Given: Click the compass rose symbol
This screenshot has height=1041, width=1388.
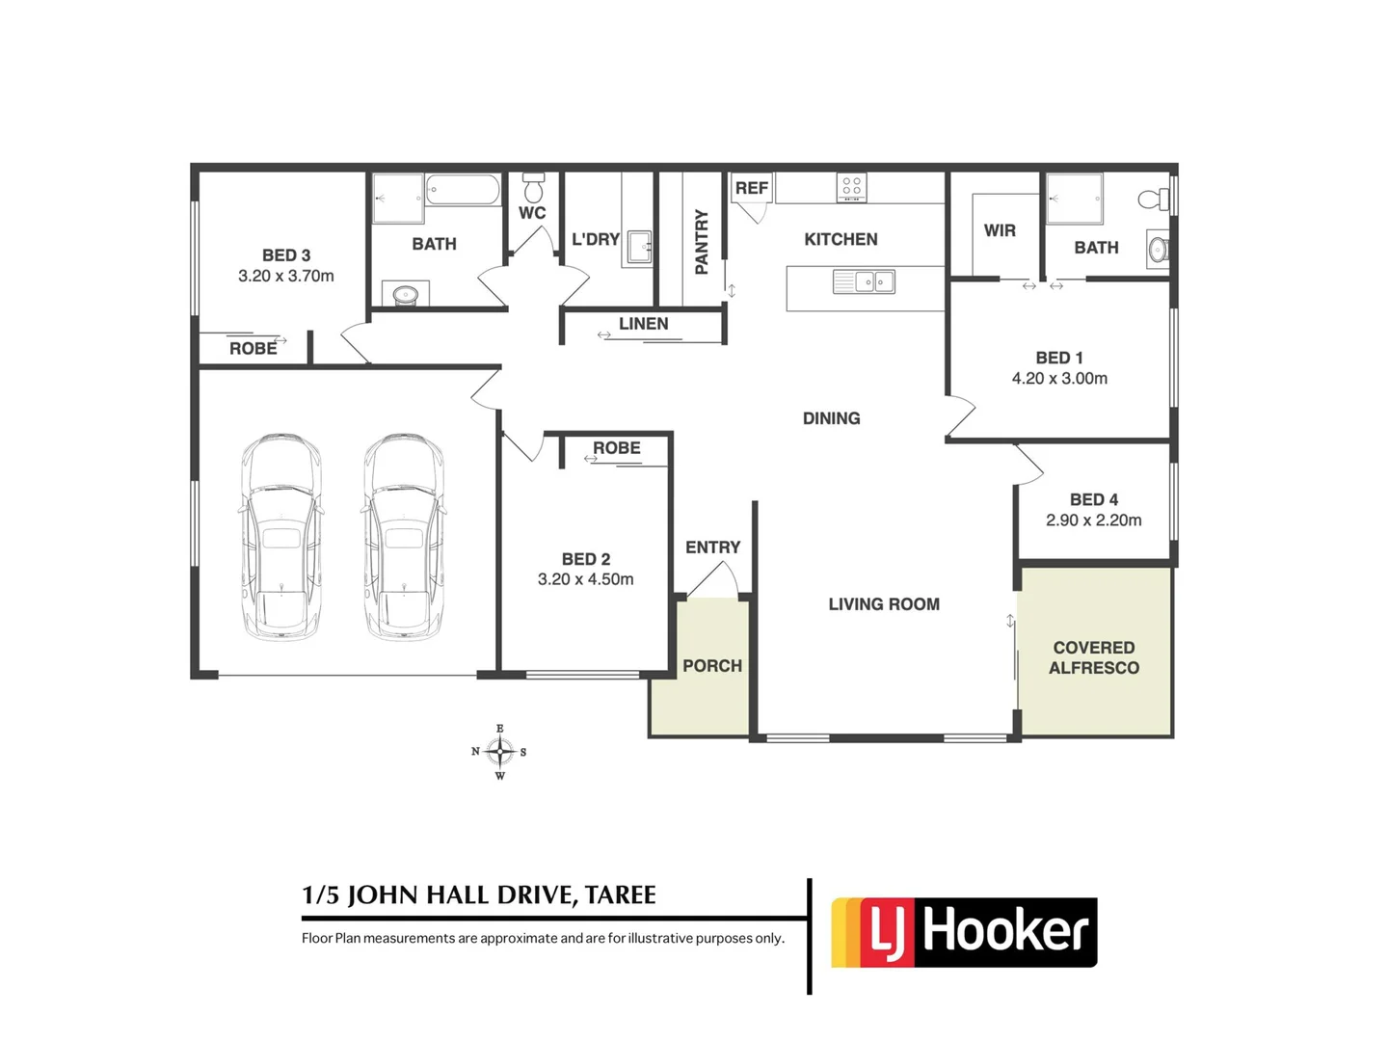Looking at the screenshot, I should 499,752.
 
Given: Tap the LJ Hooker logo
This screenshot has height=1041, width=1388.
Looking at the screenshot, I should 964,932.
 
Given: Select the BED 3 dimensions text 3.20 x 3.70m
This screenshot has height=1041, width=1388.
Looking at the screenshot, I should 286,276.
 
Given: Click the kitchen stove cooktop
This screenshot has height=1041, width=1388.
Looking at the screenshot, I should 851,187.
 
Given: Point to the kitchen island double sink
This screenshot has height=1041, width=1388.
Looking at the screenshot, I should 864,281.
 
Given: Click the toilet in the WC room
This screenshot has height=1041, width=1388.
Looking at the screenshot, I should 533,188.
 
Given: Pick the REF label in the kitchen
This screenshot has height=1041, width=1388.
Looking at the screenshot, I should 752,188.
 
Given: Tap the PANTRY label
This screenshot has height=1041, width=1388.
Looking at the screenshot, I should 702,242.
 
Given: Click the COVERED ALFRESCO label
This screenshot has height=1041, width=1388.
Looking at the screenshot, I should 1094,657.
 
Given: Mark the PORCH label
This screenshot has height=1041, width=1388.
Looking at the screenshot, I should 712,666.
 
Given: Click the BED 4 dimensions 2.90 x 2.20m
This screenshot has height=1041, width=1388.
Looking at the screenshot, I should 1094,520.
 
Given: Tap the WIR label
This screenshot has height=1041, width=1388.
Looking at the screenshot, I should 1000,230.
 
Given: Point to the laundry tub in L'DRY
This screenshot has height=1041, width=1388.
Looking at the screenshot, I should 639,247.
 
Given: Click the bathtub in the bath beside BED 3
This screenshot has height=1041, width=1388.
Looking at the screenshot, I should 463,189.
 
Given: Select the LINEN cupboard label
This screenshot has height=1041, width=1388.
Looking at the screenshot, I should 643,324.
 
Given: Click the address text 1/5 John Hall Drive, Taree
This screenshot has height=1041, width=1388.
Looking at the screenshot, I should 479,895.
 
